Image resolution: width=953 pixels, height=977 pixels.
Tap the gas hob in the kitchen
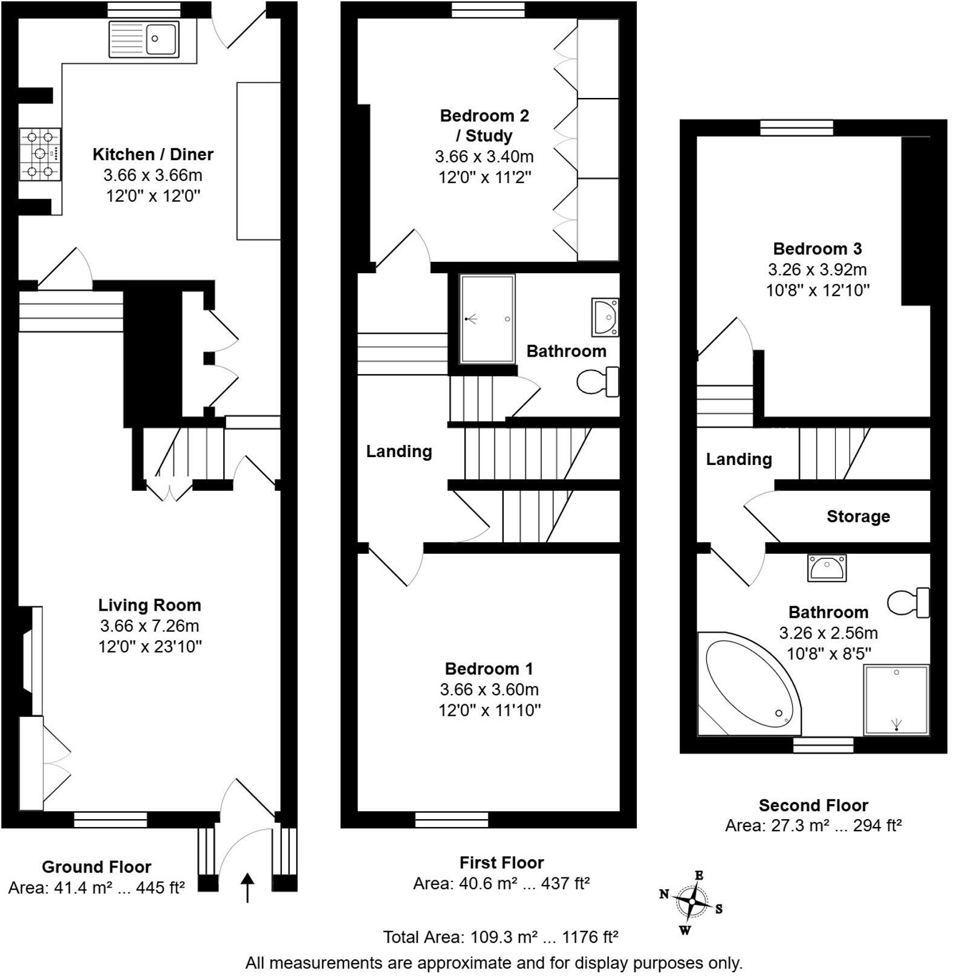41,154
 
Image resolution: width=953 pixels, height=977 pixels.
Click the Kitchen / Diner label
152,154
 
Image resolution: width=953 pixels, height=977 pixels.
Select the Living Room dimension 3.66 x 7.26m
149,626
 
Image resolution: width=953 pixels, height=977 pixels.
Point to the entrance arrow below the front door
248,887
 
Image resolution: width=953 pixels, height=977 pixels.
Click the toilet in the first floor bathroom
597,382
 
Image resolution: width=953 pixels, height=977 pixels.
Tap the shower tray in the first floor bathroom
487,319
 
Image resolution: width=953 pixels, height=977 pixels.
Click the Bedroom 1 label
489,669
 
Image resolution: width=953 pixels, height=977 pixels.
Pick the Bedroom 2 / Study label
484,125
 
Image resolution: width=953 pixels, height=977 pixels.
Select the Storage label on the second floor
858,516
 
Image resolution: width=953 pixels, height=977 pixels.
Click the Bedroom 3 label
817,248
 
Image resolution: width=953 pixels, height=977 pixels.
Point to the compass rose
691,901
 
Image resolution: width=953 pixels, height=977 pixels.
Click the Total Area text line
500,937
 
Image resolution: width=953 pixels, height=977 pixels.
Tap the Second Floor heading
813,805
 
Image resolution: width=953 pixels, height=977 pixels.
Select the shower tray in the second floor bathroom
896,699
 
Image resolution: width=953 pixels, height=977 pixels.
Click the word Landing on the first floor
398,452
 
